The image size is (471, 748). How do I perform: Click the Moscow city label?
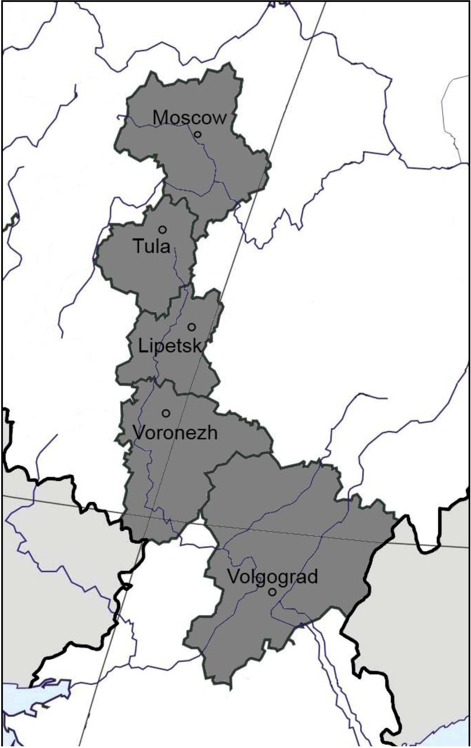(x=189, y=118)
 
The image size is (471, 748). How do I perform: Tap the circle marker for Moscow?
(x=197, y=135)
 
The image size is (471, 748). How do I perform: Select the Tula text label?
(x=152, y=246)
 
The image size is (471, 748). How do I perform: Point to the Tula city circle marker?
(x=162, y=230)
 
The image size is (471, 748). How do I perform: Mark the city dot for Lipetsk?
(x=192, y=327)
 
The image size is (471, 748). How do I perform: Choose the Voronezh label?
(x=175, y=432)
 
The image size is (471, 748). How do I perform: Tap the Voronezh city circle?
(x=166, y=413)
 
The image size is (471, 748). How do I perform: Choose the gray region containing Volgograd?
(x=279, y=513)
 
